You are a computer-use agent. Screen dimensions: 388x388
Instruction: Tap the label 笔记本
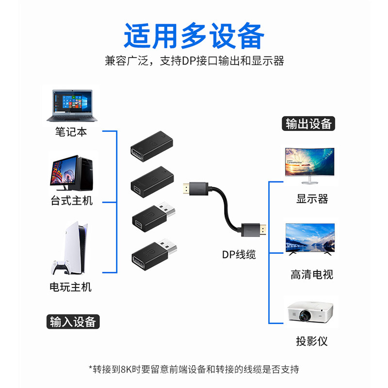pyautogui.click(x=71, y=131)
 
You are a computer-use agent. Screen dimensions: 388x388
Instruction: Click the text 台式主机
pyautogui.click(x=71, y=200)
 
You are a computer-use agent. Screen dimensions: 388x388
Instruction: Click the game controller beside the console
pyautogui.click(x=59, y=269)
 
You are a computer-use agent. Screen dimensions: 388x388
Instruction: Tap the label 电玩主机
pyautogui.click(x=71, y=287)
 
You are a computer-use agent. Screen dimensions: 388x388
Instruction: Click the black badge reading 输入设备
pyautogui.click(x=73, y=322)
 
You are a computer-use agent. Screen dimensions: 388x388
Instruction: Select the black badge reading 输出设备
pyautogui.click(x=308, y=124)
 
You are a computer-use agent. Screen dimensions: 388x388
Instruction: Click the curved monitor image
pyautogui.click(x=309, y=165)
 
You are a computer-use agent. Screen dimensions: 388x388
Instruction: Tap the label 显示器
pyautogui.click(x=312, y=198)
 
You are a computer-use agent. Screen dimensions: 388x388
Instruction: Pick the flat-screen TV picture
pyautogui.click(x=310, y=239)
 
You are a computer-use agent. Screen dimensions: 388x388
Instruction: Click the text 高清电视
pyautogui.click(x=312, y=275)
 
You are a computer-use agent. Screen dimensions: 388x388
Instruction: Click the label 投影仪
pyautogui.click(x=312, y=341)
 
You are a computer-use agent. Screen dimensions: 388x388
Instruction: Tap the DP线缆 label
pyautogui.click(x=239, y=254)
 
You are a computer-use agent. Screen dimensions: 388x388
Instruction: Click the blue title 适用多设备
pyautogui.click(x=194, y=35)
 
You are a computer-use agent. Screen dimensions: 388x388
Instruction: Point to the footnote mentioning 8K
pyautogui.click(x=194, y=369)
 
